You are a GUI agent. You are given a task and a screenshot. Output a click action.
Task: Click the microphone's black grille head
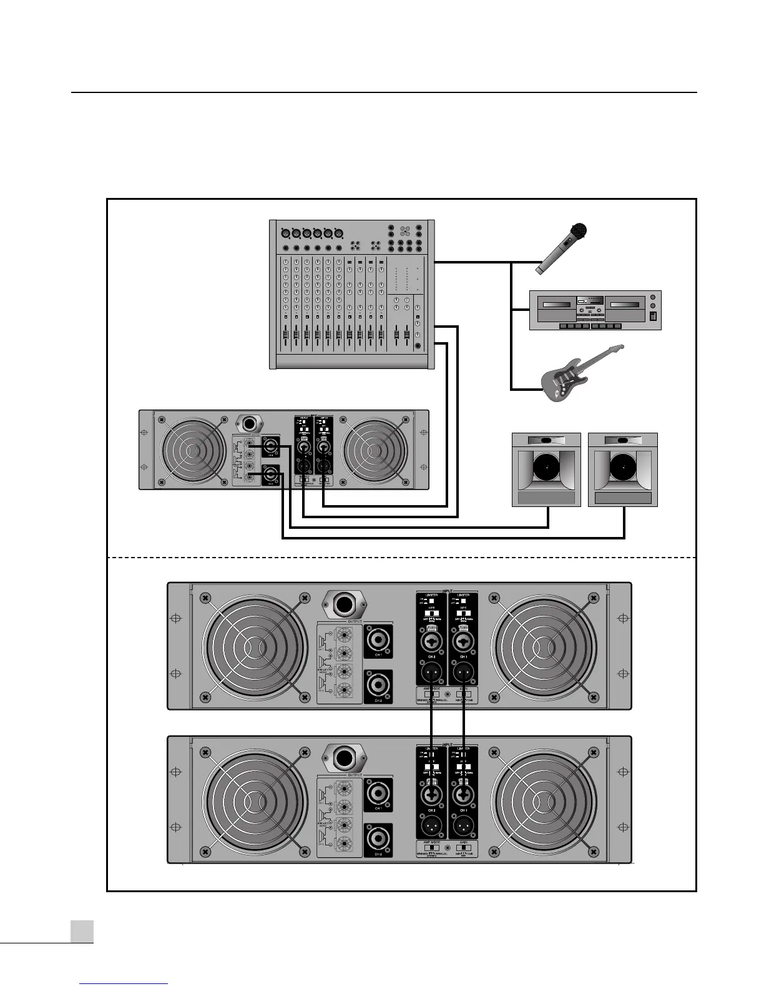[x=581, y=231]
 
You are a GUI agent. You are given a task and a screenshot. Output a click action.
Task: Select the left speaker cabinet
[x=546, y=469]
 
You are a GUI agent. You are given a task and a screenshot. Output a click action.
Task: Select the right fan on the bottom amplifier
[x=542, y=800]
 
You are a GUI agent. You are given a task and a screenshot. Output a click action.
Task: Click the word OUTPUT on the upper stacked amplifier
[x=355, y=622]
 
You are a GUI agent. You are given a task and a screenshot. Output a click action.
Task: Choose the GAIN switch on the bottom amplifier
[x=463, y=847]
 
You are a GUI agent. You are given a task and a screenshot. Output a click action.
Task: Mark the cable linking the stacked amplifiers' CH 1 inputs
[x=464, y=724]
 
